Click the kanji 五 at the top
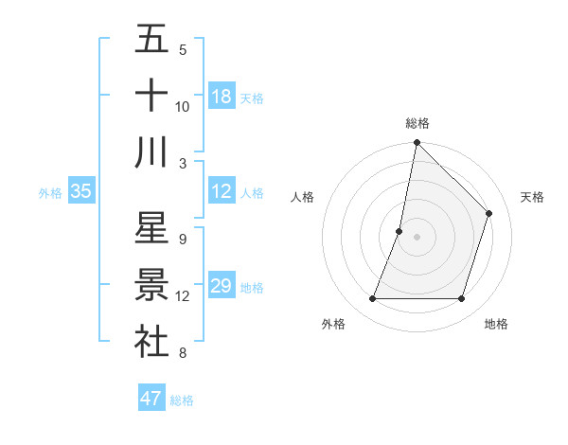click(151, 40)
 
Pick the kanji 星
click(151, 228)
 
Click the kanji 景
click(151, 285)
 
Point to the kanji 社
click(151, 341)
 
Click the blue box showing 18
click(222, 97)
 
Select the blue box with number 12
click(222, 191)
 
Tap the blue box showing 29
click(222, 286)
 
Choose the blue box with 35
click(81, 191)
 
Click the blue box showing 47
click(151, 399)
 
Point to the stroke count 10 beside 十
click(183, 107)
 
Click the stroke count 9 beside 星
click(182, 240)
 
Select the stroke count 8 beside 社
click(182, 353)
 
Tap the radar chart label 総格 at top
click(417, 123)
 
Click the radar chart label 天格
click(532, 197)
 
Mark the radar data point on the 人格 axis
click(399, 231)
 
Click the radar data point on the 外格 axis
click(372, 299)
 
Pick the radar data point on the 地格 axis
click(461, 299)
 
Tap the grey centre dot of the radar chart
click(417, 237)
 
